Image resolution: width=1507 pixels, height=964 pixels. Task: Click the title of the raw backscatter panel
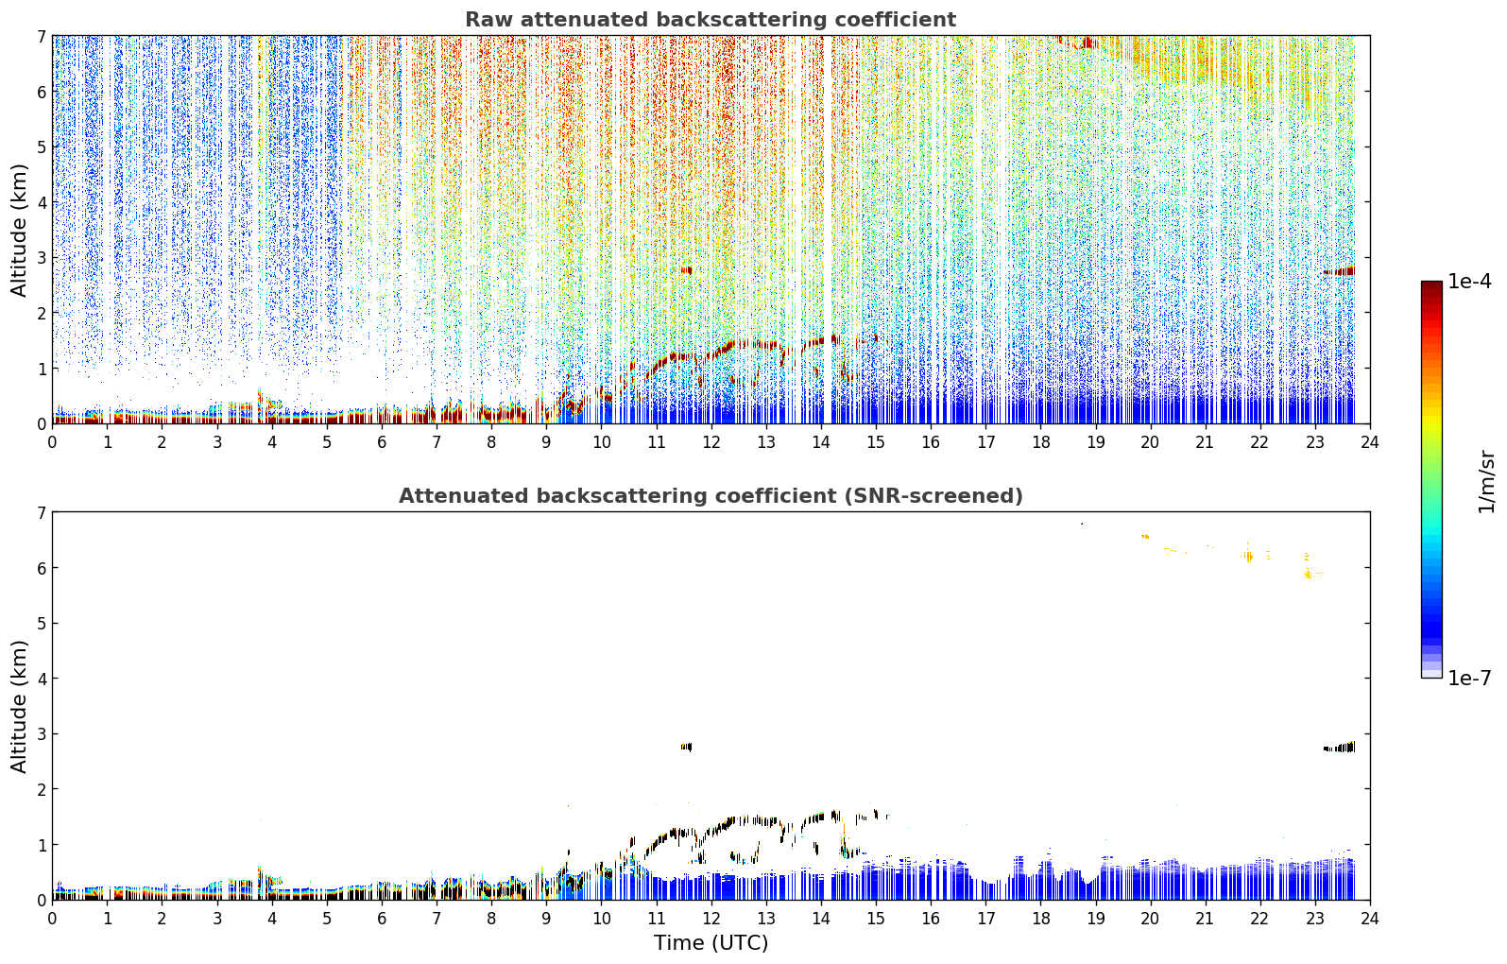click(x=711, y=20)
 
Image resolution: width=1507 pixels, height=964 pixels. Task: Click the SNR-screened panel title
click(x=711, y=495)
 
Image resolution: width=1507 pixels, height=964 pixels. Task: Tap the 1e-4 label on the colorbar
click(x=1470, y=282)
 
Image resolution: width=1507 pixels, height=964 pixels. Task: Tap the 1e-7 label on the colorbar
click(x=1470, y=678)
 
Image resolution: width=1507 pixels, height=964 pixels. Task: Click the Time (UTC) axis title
click(x=711, y=942)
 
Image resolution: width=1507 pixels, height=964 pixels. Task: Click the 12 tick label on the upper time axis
click(x=711, y=442)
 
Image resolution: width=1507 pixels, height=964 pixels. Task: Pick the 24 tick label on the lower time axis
click(x=1370, y=919)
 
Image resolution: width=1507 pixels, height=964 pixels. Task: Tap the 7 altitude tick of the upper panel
click(x=42, y=36)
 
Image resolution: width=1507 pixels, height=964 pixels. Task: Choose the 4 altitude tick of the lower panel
click(x=42, y=679)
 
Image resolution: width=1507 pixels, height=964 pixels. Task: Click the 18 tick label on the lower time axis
click(x=1041, y=919)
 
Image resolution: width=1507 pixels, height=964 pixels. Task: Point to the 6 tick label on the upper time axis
click(x=382, y=442)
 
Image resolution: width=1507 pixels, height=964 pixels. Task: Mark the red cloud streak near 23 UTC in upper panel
click(x=1339, y=271)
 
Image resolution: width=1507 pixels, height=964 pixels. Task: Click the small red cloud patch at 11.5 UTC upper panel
click(x=686, y=270)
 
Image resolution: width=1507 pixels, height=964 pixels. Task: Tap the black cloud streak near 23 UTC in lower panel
click(x=1339, y=748)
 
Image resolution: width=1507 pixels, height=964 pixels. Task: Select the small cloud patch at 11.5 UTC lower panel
click(x=686, y=747)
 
